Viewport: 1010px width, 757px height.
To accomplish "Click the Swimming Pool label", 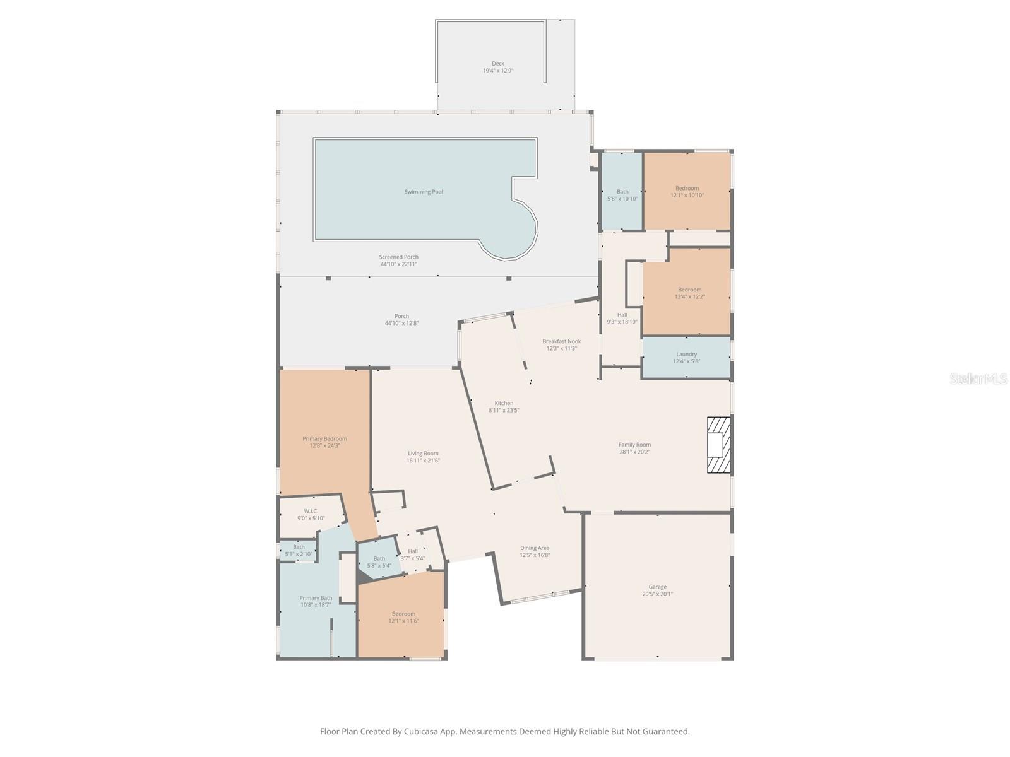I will click(424, 192).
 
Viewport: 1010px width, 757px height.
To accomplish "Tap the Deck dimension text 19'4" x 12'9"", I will click(497, 71).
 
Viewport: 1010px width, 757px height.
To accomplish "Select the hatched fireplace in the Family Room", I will click(718, 445).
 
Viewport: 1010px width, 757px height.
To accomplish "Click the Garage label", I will click(657, 587).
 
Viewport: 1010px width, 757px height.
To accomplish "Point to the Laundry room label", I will click(686, 355).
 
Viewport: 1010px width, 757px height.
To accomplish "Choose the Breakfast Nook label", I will click(561, 341).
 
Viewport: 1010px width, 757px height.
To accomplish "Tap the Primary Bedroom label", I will click(324, 439).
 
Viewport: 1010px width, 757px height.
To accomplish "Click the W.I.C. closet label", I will click(311, 511).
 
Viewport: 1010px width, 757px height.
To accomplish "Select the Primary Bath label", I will click(316, 598).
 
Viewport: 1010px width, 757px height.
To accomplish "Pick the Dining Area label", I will click(534, 548).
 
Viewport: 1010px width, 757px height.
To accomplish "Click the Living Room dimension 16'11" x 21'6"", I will click(423, 461).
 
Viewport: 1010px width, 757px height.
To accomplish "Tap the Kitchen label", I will click(504, 403).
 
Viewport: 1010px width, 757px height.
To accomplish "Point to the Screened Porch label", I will click(398, 257).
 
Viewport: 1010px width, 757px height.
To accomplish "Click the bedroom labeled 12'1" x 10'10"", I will click(687, 192).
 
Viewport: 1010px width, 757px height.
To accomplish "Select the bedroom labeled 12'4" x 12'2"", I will click(689, 293).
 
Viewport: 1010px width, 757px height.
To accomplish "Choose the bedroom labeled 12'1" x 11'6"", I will click(403, 618).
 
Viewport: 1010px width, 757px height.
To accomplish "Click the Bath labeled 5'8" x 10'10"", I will click(622, 195).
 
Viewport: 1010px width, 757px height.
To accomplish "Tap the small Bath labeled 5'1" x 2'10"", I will click(299, 551).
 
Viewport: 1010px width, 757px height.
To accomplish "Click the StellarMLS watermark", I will click(979, 379).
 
